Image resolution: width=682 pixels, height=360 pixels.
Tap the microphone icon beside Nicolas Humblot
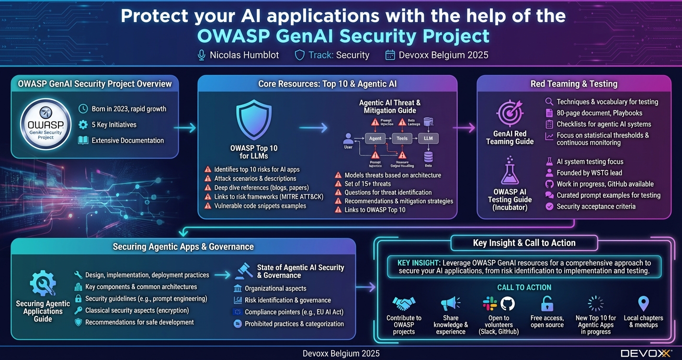pos(202,55)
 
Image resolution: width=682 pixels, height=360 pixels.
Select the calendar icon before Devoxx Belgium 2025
pos(390,55)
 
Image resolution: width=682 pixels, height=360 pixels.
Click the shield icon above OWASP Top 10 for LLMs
pos(254,120)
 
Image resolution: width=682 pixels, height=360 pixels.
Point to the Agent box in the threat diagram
pos(375,138)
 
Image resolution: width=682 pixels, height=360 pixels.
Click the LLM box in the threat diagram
pos(428,138)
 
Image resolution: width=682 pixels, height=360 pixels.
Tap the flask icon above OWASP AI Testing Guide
pos(510,171)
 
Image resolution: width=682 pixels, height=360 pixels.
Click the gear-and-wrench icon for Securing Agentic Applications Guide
pos(43,283)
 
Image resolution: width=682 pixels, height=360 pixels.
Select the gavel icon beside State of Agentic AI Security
pos(244,270)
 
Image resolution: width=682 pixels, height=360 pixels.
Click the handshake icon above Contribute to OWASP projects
pos(404,304)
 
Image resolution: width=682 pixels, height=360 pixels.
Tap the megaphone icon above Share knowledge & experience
pos(450,304)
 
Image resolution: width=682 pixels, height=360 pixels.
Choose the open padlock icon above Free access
pos(547,304)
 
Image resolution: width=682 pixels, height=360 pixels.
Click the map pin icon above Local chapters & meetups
pos(643,304)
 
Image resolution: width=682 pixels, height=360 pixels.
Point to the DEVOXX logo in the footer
pos(646,353)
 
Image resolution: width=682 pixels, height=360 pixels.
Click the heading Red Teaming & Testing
pos(574,84)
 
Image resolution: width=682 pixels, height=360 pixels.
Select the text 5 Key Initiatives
pos(114,124)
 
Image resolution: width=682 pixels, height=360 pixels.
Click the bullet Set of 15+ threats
pos(367,184)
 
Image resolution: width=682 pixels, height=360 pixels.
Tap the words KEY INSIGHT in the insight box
pos(419,263)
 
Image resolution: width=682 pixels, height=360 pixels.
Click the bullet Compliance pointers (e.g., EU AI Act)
pos(294,312)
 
